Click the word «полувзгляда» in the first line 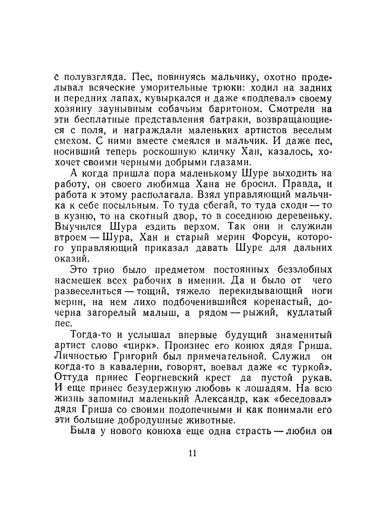[95, 78]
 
